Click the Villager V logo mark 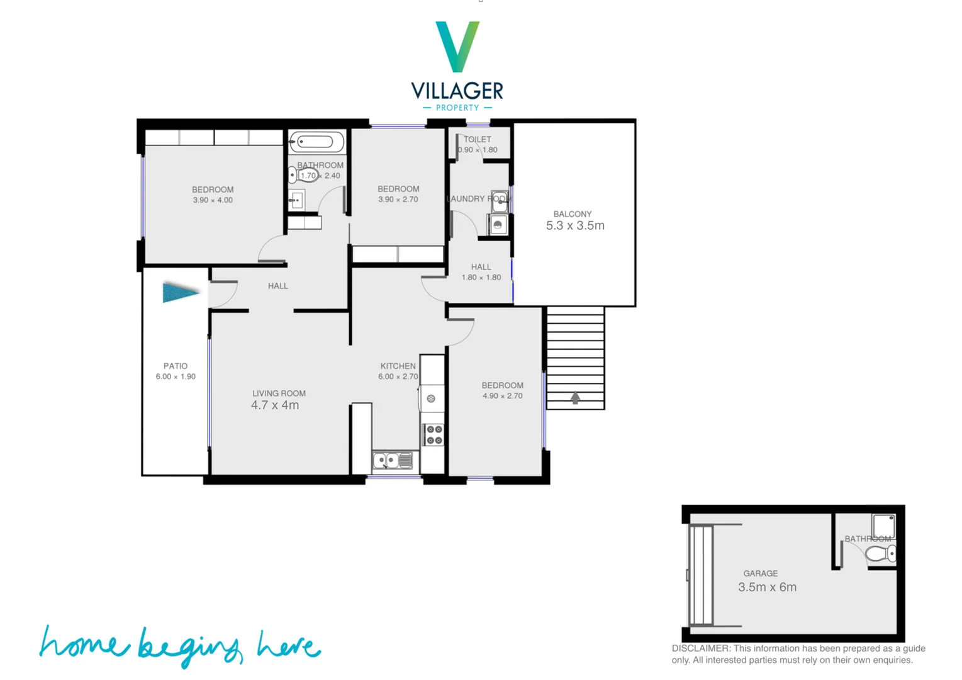click(457, 46)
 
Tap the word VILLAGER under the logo click(457, 91)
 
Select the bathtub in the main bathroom click(316, 142)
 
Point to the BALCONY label click(573, 214)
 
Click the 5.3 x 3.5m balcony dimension click(575, 225)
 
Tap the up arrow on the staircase click(575, 398)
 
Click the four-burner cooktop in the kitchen click(434, 434)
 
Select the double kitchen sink click(393, 461)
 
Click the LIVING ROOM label click(279, 394)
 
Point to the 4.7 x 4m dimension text click(275, 405)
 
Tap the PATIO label click(176, 366)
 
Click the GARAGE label click(761, 574)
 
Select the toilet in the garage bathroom click(881, 554)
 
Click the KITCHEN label click(398, 366)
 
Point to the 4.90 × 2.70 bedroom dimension click(502, 396)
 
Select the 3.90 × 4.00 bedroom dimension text click(213, 200)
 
